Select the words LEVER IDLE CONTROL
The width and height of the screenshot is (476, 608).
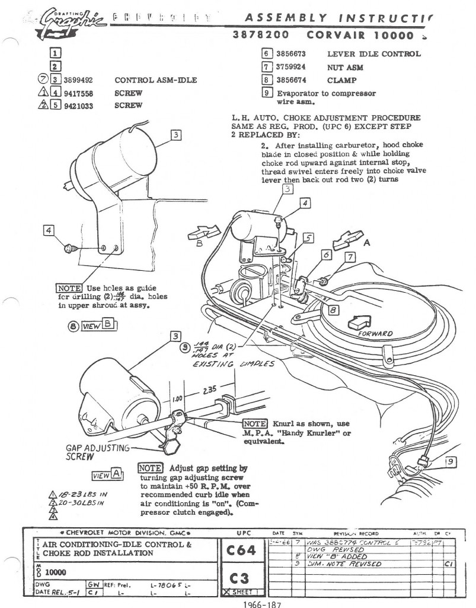[x=373, y=54]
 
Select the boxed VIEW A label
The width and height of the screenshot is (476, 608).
[x=107, y=474]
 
